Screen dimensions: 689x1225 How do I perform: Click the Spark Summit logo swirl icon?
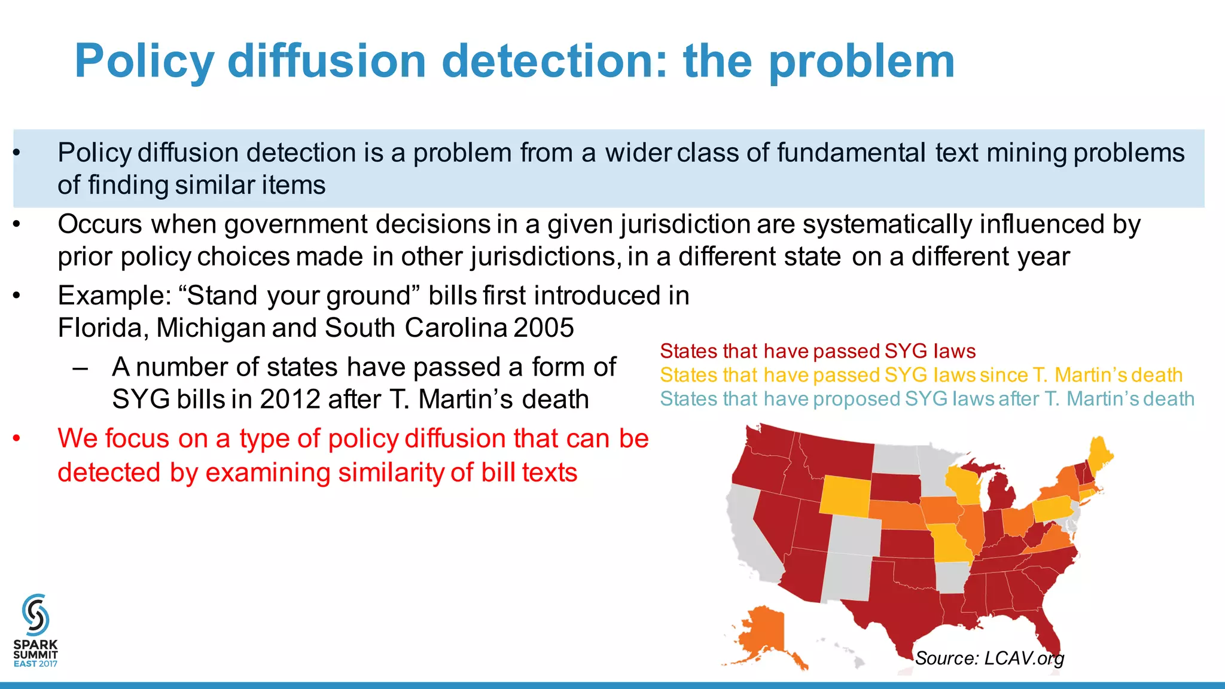(35, 615)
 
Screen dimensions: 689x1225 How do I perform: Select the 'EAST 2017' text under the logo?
(35, 664)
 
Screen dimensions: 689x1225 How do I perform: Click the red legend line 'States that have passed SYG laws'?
(817, 351)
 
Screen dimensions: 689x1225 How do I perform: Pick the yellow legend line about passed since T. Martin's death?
(921, 375)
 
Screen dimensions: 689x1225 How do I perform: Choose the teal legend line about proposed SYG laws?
(927, 399)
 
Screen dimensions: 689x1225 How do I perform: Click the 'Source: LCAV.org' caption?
(989, 658)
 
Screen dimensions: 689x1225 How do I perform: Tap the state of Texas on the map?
(897, 604)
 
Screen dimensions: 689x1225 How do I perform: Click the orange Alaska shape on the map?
(763, 634)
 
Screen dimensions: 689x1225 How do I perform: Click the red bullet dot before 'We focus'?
(17, 438)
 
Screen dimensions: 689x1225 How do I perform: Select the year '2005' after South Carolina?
(543, 328)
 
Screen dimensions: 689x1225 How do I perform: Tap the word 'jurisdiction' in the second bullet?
(684, 224)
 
